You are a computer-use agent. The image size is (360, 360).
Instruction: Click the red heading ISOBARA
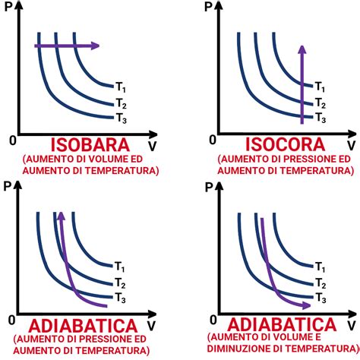pyautogui.click(x=89, y=144)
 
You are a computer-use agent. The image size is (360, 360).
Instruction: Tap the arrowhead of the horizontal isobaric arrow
pyautogui.click(x=95, y=46)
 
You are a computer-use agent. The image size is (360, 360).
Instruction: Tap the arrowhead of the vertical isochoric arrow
pyautogui.click(x=302, y=49)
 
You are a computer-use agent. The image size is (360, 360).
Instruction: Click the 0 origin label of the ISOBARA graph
pyautogui.click(x=11, y=141)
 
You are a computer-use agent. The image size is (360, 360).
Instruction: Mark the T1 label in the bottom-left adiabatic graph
pyautogui.click(x=121, y=266)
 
